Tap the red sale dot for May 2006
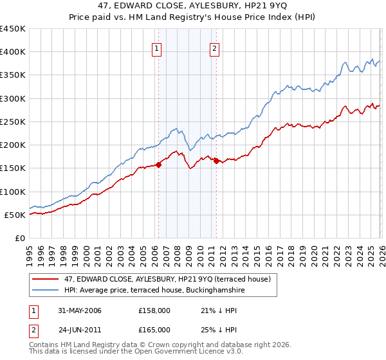click(x=158, y=165)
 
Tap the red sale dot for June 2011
click(x=216, y=161)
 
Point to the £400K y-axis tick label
click(x=13, y=52)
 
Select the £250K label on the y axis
click(x=13, y=122)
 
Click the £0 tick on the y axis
click(x=20, y=238)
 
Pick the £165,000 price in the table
click(x=154, y=328)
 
